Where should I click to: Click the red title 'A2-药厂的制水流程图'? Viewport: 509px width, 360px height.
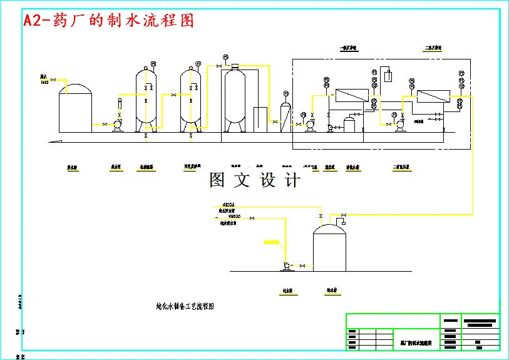click(108, 21)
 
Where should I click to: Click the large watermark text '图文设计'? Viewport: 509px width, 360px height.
click(255, 180)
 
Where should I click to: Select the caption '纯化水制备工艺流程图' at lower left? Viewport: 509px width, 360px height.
click(185, 307)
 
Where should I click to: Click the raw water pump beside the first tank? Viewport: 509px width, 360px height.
click(116, 125)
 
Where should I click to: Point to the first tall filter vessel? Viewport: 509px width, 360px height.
click(147, 99)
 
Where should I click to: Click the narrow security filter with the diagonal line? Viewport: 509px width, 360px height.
click(284, 115)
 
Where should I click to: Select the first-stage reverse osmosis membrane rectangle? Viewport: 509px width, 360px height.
click(351, 96)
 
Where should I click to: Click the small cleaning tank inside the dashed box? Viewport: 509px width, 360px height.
click(349, 123)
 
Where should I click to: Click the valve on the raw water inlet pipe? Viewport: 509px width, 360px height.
click(54, 79)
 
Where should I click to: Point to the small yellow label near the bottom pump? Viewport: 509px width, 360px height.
click(270, 241)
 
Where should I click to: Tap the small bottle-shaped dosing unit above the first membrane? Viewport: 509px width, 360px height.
click(388, 76)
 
